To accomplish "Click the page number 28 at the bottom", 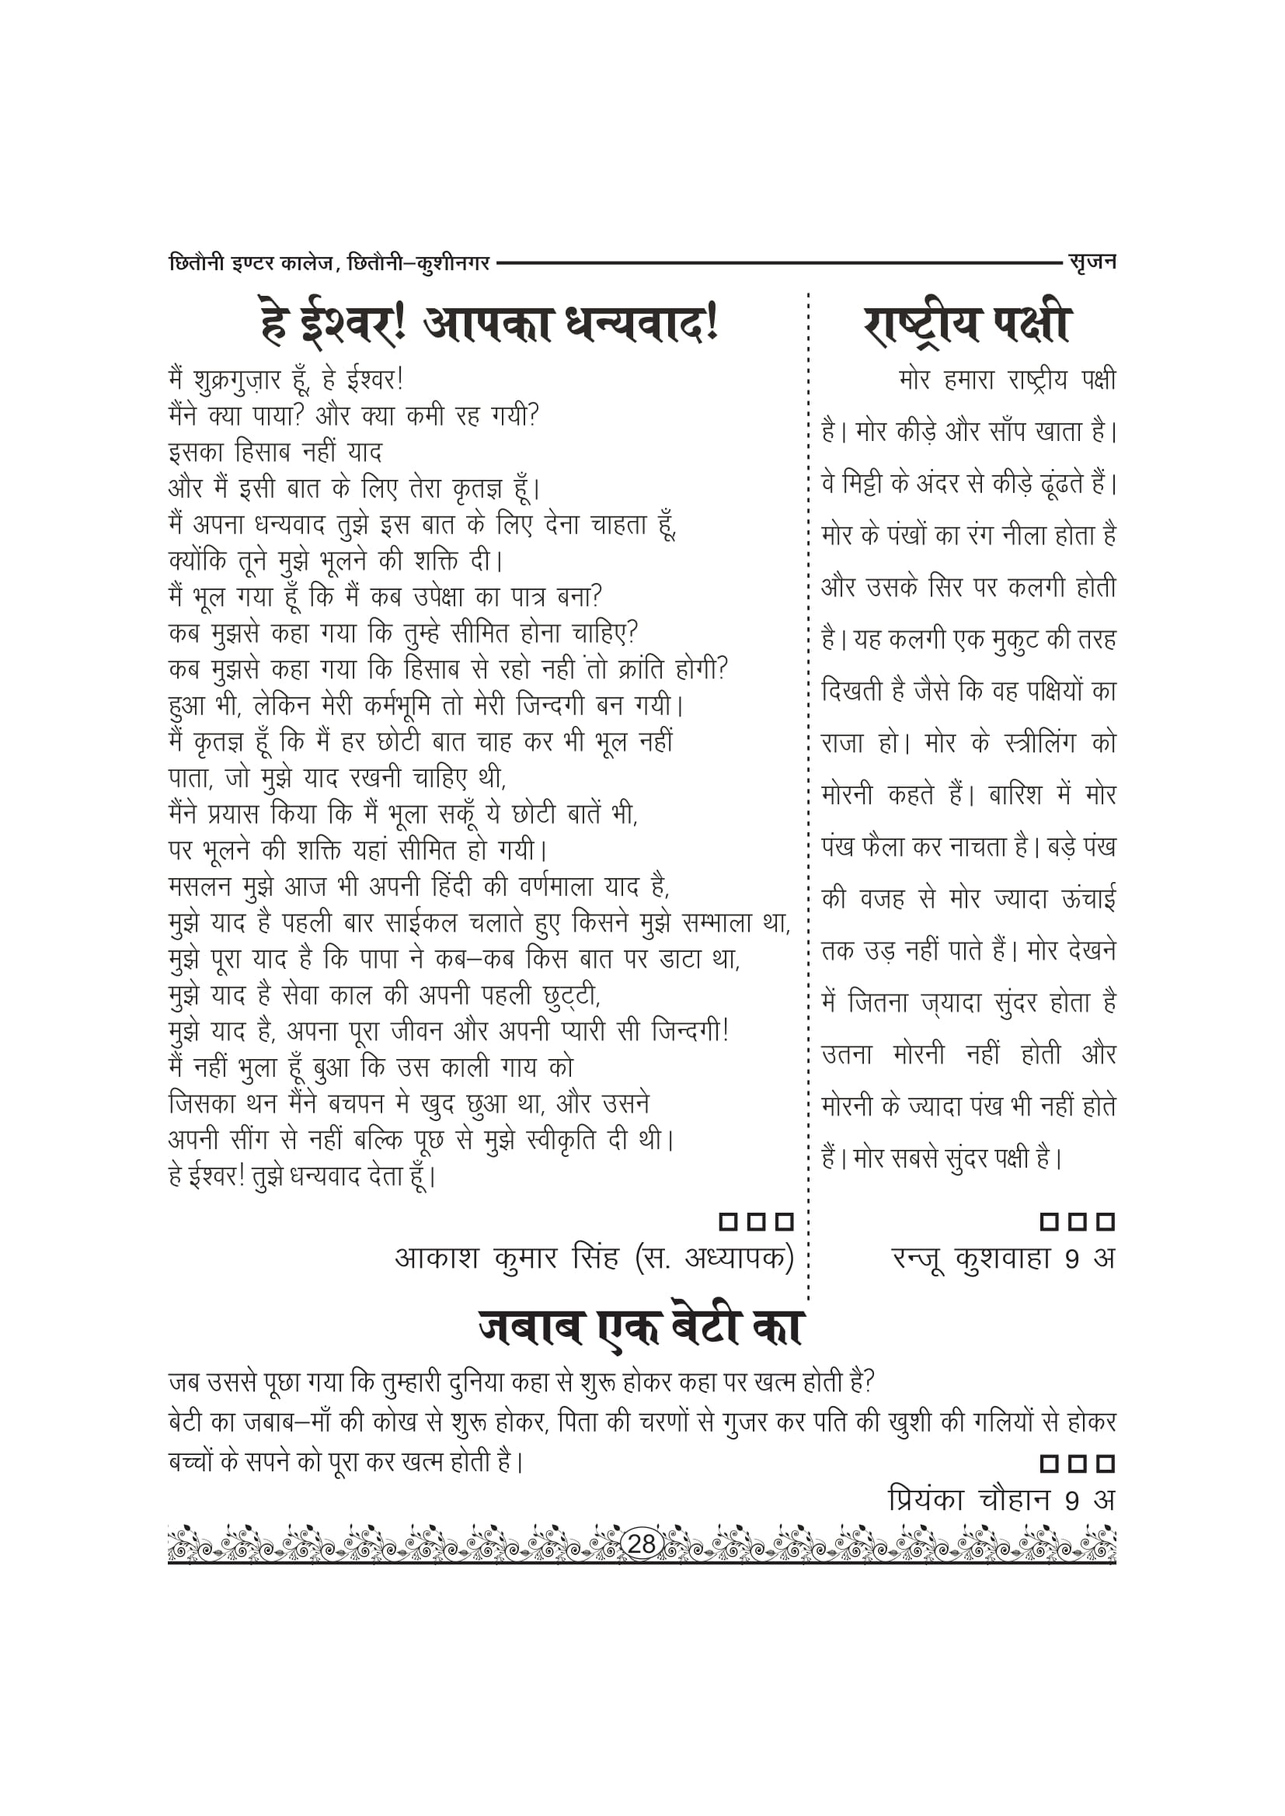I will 641,1543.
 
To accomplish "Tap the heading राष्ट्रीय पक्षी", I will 967,324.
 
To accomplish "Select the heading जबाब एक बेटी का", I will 641,1328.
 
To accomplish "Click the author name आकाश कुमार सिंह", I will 507,1258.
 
